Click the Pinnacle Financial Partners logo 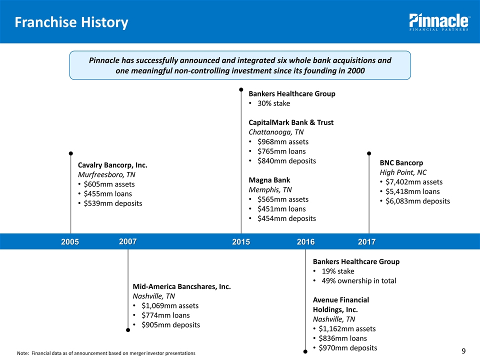pos(439,22)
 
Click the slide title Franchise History pos(71,22)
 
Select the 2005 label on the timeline pos(70,242)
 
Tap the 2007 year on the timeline pos(128,241)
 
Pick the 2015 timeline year pos(241,242)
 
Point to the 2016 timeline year pos(305,242)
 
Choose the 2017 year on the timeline pos(367,242)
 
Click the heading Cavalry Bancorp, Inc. pos(112,165)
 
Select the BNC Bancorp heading pos(401,162)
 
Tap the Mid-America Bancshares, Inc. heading pos(181,286)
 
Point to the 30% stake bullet pos(273,103)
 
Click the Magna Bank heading pos(269,180)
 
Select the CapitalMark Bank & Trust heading pos(291,122)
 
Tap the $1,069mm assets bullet pos(170,305)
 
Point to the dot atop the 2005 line pos(71,153)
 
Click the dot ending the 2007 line pos(128,330)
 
